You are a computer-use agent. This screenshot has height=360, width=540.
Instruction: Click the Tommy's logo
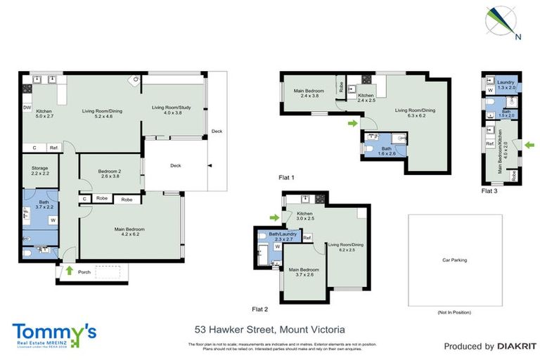[54, 333]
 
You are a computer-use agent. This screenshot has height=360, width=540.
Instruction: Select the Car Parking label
[454, 259]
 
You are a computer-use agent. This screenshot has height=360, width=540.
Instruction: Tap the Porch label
[85, 271]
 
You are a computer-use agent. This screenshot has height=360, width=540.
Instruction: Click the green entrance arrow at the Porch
[69, 269]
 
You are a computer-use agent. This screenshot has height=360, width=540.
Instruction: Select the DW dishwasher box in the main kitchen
[27, 108]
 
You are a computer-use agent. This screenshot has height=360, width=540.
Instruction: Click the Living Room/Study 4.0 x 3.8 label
[167, 110]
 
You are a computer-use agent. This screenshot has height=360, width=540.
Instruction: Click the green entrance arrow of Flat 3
[529, 145]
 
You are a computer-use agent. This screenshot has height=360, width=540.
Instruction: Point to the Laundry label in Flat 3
[506, 82]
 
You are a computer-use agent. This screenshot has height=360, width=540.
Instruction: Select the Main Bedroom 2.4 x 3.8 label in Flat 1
[309, 93]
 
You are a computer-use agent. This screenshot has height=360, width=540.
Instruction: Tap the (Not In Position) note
[454, 311]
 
